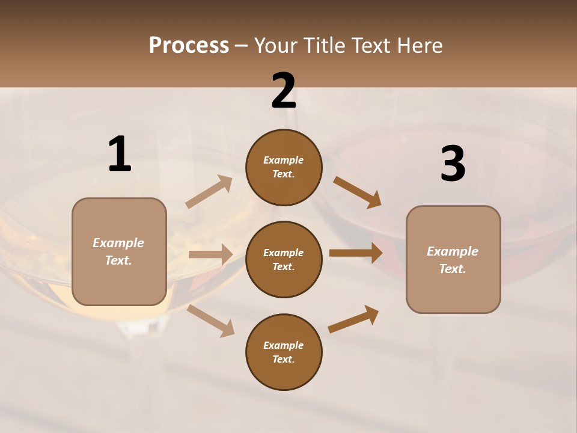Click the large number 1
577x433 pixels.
[x=120, y=154]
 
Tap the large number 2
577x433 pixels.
[x=284, y=91]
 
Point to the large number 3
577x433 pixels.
[x=453, y=164]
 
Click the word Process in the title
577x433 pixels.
[x=189, y=45]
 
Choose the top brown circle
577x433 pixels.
[x=284, y=167]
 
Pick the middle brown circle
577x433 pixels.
[x=284, y=259]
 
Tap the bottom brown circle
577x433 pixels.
[x=284, y=352]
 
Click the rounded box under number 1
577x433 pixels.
[x=119, y=251]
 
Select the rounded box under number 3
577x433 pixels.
[x=453, y=260]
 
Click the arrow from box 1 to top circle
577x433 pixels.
[x=209, y=192]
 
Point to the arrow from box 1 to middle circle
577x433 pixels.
[x=210, y=254]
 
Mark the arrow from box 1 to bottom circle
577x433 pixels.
[x=210, y=321]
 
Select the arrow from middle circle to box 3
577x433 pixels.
[x=356, y=253]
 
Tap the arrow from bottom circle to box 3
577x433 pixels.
[x=353, y=319]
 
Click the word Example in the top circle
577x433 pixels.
[x=284, y=160]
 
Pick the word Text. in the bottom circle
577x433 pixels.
[x=284, y=359]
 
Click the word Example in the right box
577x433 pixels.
[x=453, y=251]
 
